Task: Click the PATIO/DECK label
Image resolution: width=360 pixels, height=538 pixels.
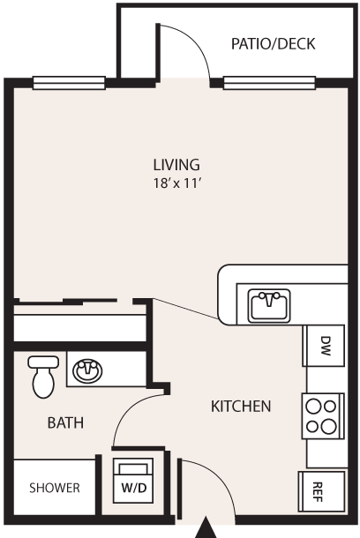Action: tap(274, 44)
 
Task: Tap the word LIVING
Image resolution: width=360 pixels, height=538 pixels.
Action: tap(176, 165)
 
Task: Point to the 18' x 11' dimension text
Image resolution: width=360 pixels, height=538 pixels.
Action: tap(176, 183)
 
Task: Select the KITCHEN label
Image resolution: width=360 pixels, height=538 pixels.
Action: tap(241, 407)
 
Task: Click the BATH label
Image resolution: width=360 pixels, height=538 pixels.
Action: tap(65, 422)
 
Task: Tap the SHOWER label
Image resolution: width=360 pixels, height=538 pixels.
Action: tap(55, 488)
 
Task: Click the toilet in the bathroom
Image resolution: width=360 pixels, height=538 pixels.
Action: tap(43, 377)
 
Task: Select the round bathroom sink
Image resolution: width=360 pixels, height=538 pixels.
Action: tap(87, 370)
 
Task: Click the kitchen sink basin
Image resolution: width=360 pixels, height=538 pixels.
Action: tap(269, 306)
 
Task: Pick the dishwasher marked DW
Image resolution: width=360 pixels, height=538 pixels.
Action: tap(324, 346)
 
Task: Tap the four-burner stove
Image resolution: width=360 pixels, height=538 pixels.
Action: tap(323, 416)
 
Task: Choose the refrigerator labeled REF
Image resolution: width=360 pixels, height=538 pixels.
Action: tap(321, 491)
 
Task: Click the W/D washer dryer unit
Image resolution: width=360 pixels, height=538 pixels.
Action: tap(133, 481)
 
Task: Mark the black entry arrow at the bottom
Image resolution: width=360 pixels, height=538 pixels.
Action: tap(206, 527)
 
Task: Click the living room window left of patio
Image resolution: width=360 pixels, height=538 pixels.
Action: tap(69, 83)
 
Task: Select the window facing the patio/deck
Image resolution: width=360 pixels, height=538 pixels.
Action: tap(269, 83)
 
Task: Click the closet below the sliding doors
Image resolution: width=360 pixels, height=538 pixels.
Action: tap(79, 327)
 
